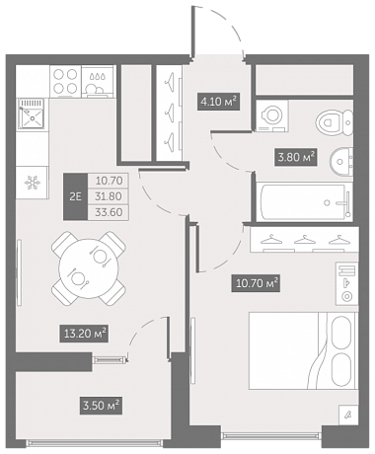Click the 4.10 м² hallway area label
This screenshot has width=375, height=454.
218,101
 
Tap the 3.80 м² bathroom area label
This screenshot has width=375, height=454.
296,157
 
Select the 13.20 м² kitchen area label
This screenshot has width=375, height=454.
84,334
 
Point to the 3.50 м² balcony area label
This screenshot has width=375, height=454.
101,406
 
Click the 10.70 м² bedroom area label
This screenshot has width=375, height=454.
256,283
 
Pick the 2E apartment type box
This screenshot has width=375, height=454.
75,196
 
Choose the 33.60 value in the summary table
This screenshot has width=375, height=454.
109,212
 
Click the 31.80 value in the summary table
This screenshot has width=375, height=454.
109,196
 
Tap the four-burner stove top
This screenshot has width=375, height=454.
65,81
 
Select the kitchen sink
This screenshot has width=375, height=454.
31,113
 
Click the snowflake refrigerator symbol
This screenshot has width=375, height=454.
33,183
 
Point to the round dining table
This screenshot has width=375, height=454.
89,268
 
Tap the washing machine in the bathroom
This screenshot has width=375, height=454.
272,115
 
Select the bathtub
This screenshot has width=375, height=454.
305,202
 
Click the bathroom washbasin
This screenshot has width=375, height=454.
341,162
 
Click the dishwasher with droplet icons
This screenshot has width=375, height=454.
99,81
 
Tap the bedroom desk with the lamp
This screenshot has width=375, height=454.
347,283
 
